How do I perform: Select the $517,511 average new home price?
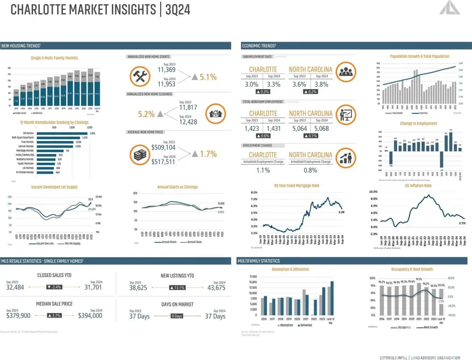pyautogui.click(x=163, y=162)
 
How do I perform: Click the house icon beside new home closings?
pyautogui.click(x=216, y=113)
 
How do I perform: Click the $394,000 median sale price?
pyautogui.click(x=90, y=315)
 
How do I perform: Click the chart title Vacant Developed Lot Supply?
pyautogui.click(x=54, y=187)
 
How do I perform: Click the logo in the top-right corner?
pyautogui.click(x=454, y=9)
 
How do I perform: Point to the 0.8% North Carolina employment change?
pyautogui.click(x=310, y=170)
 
